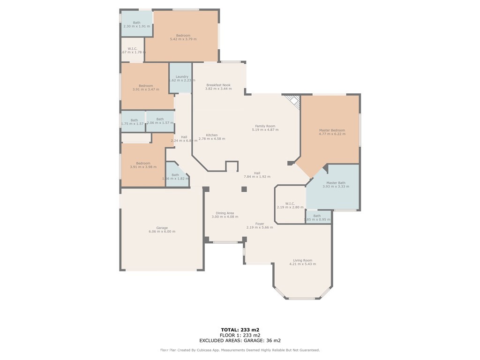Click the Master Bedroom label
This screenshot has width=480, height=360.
point(332,130)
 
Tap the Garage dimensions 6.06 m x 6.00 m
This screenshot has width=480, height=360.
point(162,232)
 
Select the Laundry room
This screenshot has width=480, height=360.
point(181,78)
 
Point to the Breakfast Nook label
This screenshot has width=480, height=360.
point(218,85)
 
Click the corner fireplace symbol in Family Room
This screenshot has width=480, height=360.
point(293,101)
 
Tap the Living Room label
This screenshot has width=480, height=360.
point(302,261)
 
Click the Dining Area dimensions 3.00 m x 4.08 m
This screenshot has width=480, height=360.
point(225,217)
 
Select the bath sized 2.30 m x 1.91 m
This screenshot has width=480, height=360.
point(136,24)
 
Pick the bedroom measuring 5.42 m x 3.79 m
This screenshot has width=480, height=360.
point(183,37)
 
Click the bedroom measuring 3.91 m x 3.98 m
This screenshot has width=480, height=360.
point(143,165)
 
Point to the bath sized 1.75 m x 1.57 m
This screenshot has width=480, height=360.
point(132,121)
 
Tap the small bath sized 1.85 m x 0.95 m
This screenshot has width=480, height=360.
point(318,217)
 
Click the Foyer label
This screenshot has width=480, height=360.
point(260,224)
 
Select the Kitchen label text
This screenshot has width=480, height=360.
point(212,135)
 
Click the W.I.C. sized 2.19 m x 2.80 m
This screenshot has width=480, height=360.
point(290,205)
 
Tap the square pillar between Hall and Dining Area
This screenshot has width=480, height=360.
point(244,189)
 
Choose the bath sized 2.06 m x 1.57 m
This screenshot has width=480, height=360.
point(160,121)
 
